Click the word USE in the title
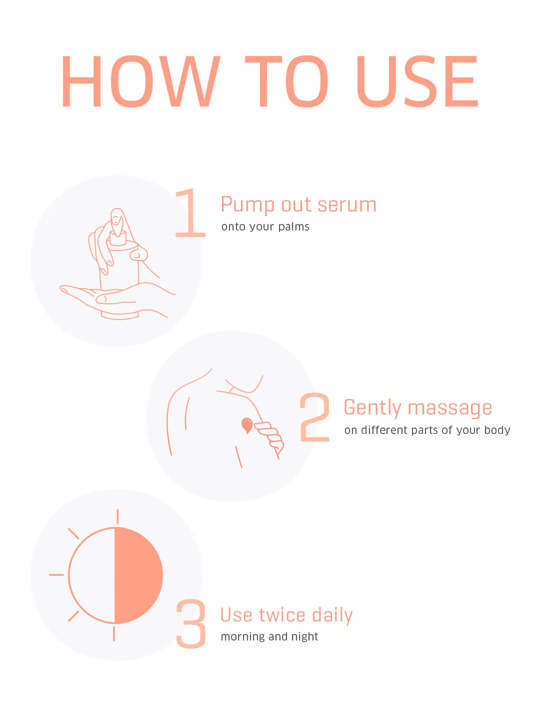417,81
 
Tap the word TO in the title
286,81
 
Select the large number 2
314,417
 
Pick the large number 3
191,624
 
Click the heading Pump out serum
298,205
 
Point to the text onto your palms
265,226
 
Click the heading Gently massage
417,408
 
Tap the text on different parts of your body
427,430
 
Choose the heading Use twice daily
286,615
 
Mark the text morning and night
269,636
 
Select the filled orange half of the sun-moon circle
138,575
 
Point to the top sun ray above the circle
117,516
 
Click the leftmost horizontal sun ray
56,575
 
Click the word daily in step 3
332,615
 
